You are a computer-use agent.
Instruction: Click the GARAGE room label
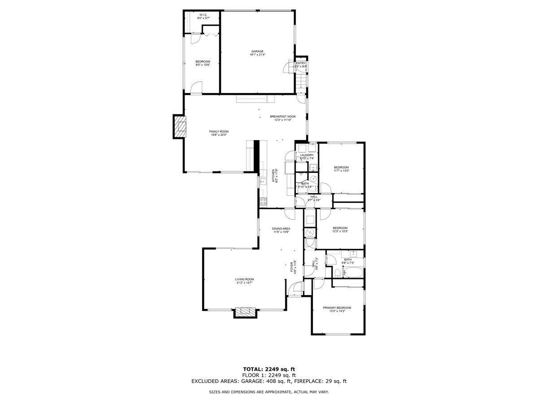(257, 51)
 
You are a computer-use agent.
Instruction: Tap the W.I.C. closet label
(203, 15)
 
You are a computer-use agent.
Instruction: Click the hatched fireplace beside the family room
(179, 127)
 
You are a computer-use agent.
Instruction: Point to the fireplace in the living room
(246, 312)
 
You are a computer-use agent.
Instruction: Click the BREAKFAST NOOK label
(283, 116)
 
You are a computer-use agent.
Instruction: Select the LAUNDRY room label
(307, 155)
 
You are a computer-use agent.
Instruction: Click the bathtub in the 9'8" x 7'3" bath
(354, 272)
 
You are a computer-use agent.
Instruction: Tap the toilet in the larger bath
(337, 273)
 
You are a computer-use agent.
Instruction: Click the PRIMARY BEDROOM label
(337, 308)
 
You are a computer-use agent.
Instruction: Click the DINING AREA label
(281, 228)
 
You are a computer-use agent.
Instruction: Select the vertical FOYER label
(291, 267)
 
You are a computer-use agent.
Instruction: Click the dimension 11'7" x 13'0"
(341, 171)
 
